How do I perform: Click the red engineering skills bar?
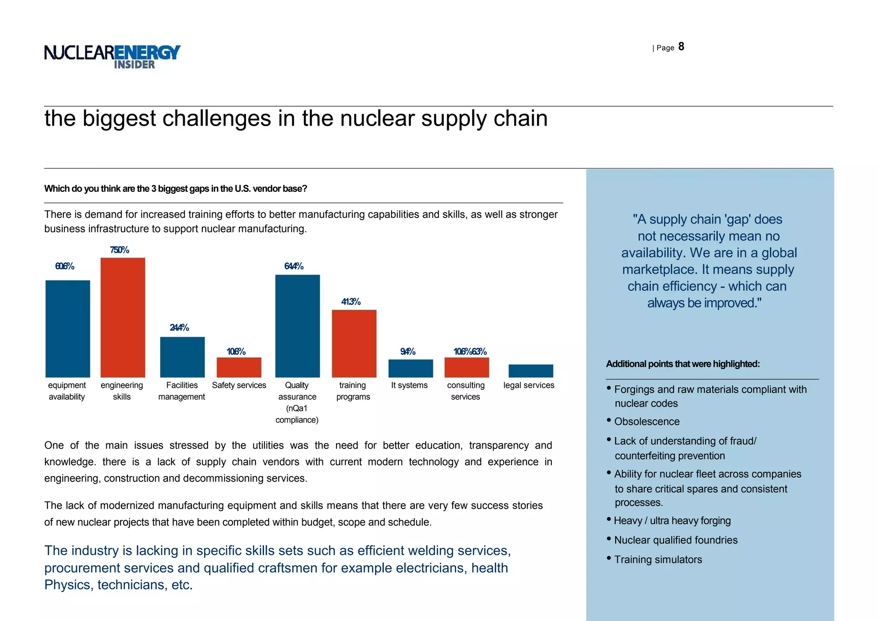click(x=123, y=317)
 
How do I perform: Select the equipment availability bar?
click(x=68, y=329)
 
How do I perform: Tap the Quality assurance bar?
click(x=298, y=326)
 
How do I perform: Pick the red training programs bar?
click(x=354, y=343)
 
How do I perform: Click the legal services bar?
click(x=531, y=371)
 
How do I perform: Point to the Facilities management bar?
click(x=182, y=357)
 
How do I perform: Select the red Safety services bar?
click(x=239, y=367)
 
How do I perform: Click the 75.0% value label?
click(x=119, y=250)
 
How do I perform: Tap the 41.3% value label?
click(x=351, y=302)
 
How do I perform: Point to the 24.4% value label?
click(x=179, y=328)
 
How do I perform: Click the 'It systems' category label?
click(x=409, y=385)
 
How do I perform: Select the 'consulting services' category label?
click(x=466, y=391)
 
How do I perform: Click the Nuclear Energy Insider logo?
click(x=112, y=56)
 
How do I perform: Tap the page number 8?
click(x=681, y=47)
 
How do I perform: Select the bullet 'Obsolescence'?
click(x=646, y=422)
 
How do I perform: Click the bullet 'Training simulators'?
click(x=658, y=560)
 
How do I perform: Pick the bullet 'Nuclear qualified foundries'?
click(x=676, y=540)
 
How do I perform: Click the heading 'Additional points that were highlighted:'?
click(x=683, y=364)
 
